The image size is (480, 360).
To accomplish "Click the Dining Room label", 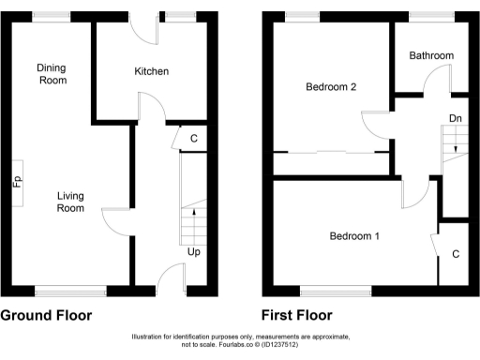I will pos(52,74).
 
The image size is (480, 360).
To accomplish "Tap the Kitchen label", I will pos(151,71).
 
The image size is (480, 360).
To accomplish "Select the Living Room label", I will pos(71,202).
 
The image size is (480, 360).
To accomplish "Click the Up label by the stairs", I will pos(194,252).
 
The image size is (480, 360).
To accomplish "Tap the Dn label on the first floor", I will pos(455,118).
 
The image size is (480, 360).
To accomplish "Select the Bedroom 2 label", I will pos(331,87).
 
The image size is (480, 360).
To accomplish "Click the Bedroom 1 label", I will pos(353,236).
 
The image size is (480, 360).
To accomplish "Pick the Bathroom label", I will pos(430,56).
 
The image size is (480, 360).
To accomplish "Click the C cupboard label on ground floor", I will pos(193,140).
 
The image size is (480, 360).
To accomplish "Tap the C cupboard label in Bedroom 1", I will pos(455,254).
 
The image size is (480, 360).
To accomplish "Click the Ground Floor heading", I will pos(46,315).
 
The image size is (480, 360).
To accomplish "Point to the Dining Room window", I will pos(52,16).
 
